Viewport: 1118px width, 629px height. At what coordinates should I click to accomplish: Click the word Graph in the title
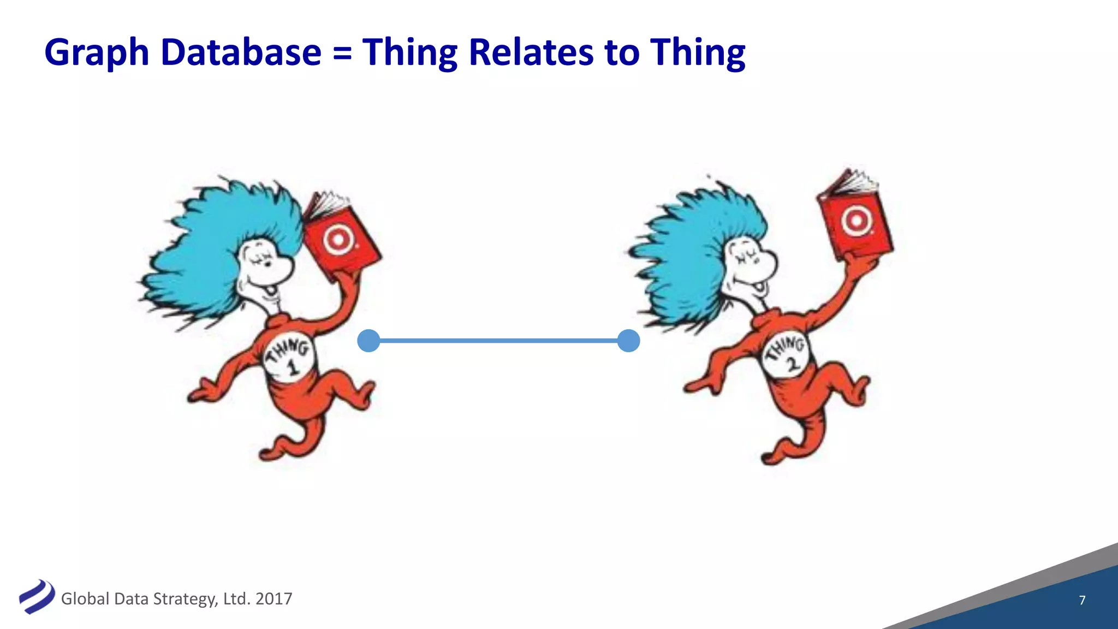[x=97, y=53]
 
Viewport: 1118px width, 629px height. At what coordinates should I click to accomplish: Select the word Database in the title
[x=241, y=52]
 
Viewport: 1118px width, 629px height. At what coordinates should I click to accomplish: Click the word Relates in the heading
[x=531, y=52]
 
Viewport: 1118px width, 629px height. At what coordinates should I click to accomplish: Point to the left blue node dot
[x=368, y=341]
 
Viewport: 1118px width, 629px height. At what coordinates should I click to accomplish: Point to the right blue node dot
[x=628, y=341]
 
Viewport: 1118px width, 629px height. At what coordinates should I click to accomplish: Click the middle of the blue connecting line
[x=498, y=341]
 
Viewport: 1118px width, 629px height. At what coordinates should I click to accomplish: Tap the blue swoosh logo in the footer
[x=37, y=596]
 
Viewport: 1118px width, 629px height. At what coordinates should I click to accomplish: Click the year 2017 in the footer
[x=273, y=599]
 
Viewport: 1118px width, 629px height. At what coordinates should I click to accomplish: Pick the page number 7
[x=1082, y=600]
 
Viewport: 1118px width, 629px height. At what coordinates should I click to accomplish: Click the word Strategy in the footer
[x=183, y=599]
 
